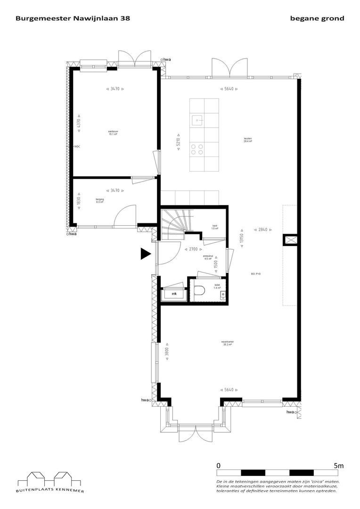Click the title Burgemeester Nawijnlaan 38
click(x=73, y=18)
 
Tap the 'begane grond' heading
click(x=318, y=18)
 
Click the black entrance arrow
click(x=145, y=254)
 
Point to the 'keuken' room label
click(x=247, y=140)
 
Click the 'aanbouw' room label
click(x=113, y=132)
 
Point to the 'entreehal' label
click(x=208, y=257)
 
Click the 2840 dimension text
click(x=262, y=230)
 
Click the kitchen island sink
click(x=197, y=119)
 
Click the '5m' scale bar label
click(x=338, y=465)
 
